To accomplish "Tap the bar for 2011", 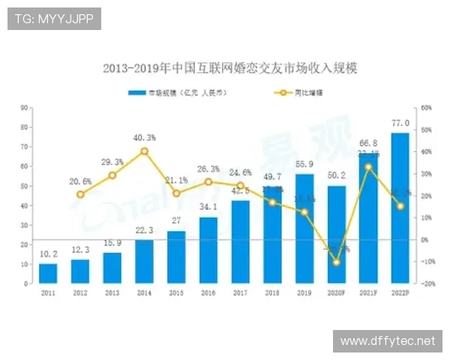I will [x=48, y=274].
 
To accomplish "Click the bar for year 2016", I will [x=208, y=250].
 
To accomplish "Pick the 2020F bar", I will [x=336, y=235].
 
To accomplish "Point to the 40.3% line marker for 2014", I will [x=144, y=151].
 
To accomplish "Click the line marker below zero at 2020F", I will [x=336, y=262].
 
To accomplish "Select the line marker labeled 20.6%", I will [x=80, y=194].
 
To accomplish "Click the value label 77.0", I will [x=400, y=123].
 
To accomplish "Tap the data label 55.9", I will [x=304, y=164].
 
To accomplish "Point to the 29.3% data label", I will [x=112, y=161].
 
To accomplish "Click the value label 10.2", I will [x=48, y=254].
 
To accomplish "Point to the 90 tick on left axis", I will [x=25, y=107].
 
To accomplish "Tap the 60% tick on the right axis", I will [x=425, y=107].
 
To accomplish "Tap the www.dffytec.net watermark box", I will [x=387, y=340].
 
